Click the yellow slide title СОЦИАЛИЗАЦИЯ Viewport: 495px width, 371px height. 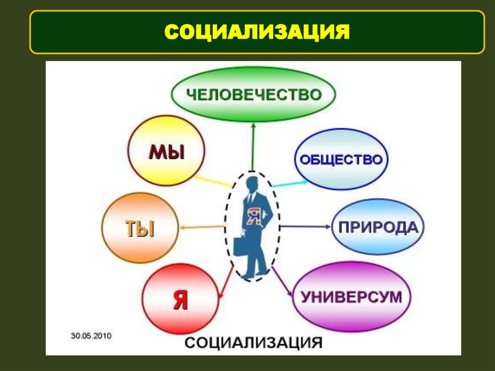[257, 32]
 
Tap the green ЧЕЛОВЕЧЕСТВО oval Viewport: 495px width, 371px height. [253, 94]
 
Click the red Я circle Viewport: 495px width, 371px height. [180, 300]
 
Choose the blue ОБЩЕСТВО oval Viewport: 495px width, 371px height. [341, 160]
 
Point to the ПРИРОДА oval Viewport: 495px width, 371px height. [378, 226]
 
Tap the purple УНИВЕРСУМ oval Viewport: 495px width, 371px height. [351, 296]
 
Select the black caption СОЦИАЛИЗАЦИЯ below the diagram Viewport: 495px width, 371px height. [254, 343]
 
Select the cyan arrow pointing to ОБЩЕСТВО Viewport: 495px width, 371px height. [289, 184]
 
